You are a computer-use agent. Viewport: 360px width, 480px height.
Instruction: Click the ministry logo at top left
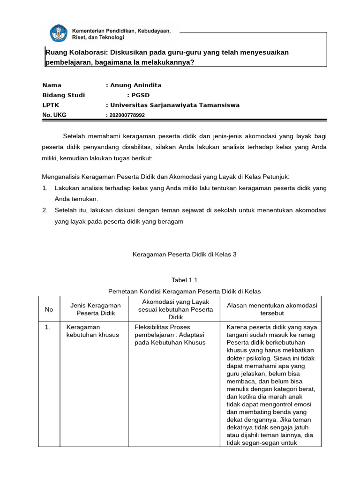59,33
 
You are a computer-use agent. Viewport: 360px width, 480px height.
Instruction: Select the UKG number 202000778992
127,115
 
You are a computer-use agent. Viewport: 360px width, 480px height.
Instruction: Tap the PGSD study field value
140,95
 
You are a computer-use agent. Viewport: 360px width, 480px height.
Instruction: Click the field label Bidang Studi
63,95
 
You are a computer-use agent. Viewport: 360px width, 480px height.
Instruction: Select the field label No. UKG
54,115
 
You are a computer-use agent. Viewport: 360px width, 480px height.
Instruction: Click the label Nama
52,85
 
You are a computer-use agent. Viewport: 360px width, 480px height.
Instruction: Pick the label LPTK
51,105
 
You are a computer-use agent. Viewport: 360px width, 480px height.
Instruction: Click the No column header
49,309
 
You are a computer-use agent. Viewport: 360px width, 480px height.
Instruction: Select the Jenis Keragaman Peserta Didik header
95,309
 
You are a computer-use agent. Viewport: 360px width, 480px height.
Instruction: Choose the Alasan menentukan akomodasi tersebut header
272,309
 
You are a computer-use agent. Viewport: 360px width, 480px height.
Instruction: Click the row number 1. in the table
47,327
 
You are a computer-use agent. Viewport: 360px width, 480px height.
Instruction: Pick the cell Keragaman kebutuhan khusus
93,331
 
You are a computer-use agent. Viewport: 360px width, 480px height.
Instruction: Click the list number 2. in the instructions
45,210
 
